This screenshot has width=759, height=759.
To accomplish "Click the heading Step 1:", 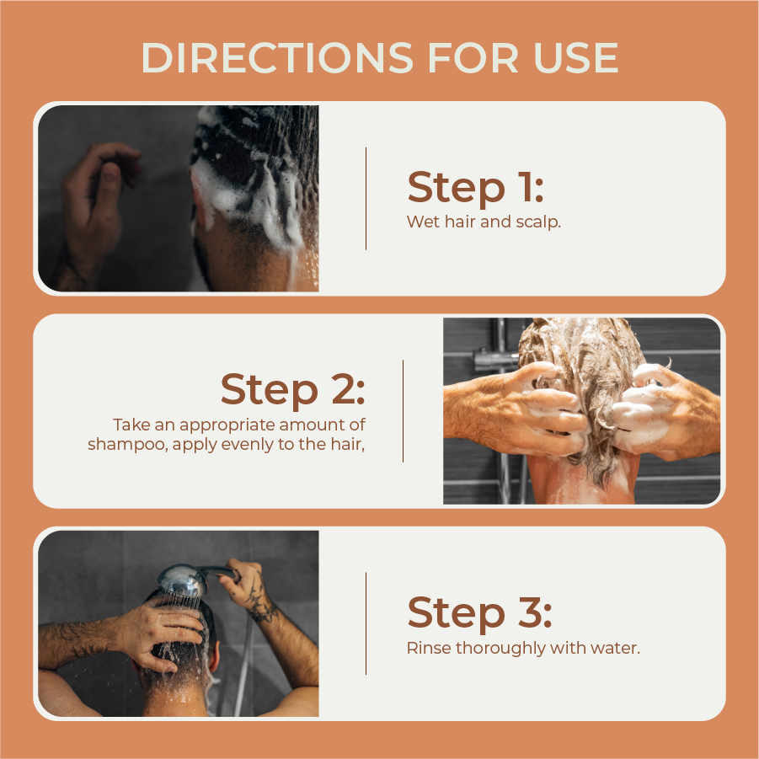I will (475, 187).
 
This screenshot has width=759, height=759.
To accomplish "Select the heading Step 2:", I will (292, 389).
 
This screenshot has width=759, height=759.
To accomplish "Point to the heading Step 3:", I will (479, 612).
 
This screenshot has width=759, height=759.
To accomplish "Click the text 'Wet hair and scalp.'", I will (484, 222).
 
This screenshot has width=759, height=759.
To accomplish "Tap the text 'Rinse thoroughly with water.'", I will (523, 649).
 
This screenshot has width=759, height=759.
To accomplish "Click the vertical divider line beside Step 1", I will (366, 199).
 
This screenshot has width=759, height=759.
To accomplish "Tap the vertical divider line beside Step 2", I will (403, 411).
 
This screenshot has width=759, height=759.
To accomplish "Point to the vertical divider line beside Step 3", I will (366, 623).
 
